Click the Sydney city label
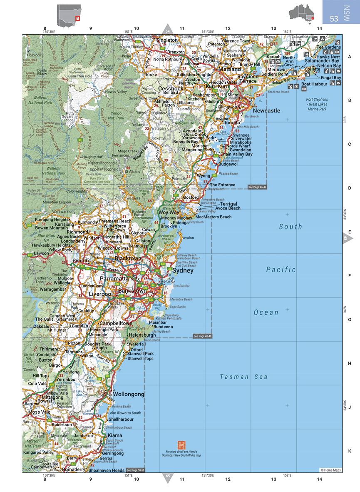(183, 271)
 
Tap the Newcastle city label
(266, 111)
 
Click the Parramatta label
(114, 278)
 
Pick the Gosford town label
(191, 197)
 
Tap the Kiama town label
(115, 435)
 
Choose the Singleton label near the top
(166, 40)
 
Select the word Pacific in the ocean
(281, 270)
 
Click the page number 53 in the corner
(334, 19)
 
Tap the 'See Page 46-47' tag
(257, 187)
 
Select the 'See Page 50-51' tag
(135, 470)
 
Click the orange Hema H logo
(181, 445)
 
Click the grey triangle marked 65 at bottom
(168, 477)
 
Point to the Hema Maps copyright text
(330, 470)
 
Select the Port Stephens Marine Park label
(317, 104)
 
